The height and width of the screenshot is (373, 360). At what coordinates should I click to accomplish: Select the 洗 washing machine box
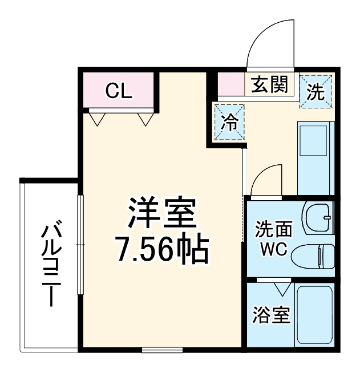tap(315, 91)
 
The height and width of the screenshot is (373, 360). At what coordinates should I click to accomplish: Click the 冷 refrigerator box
tap(230, 121)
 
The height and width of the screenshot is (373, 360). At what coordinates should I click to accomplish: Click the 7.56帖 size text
tap(161, 250)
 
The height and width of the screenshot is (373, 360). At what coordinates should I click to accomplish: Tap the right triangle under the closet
tap(145, 119)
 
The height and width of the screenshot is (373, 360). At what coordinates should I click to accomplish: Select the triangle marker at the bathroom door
tap(280, 288)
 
